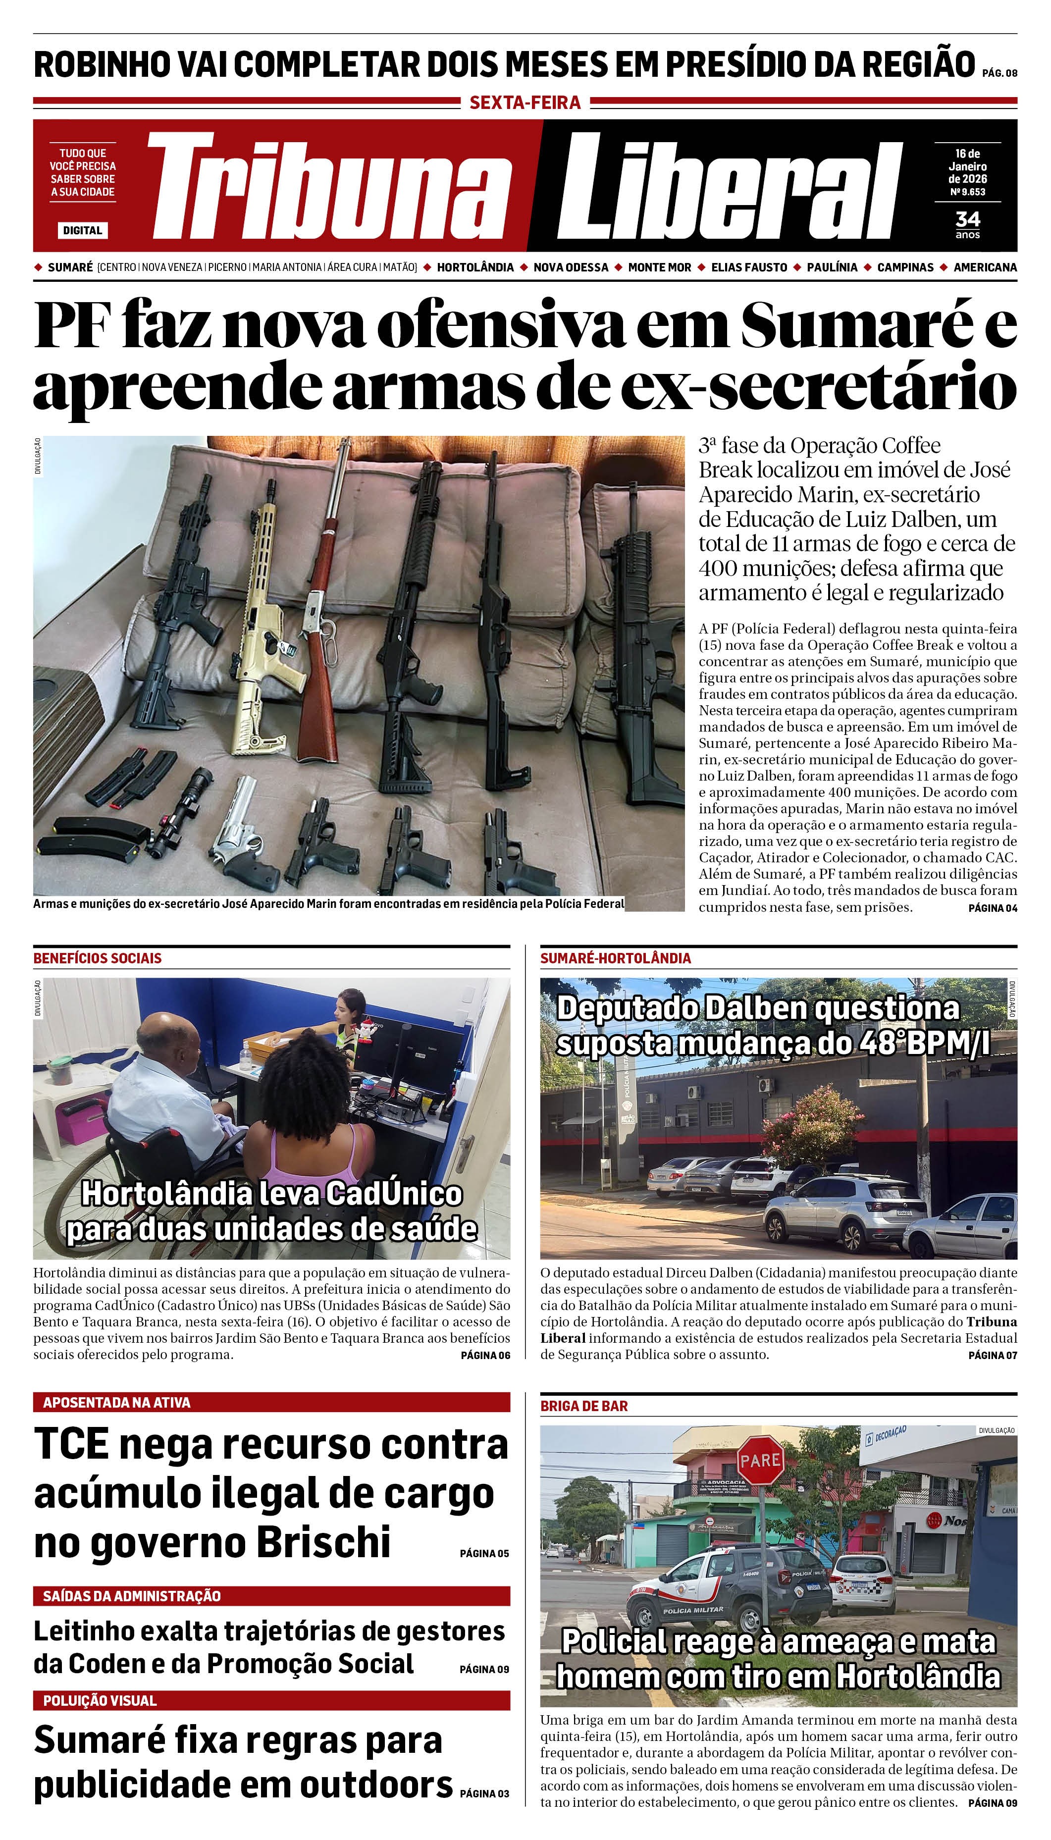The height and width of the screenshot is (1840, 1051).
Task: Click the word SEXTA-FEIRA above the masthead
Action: coord(525,103)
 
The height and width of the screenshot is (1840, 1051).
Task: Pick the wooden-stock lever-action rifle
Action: coord(322,635)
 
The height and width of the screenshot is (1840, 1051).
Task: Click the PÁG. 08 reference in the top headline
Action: coord(999,73)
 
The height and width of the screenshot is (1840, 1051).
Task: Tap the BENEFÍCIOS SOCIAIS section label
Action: coord(98,958)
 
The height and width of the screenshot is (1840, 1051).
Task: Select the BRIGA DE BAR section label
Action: coord(584,1406)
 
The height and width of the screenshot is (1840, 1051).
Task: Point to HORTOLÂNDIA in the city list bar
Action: coord(475,267)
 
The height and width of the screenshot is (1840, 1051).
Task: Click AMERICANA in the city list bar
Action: coord(985,267)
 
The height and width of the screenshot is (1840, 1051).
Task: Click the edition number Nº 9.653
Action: coord(967,192)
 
